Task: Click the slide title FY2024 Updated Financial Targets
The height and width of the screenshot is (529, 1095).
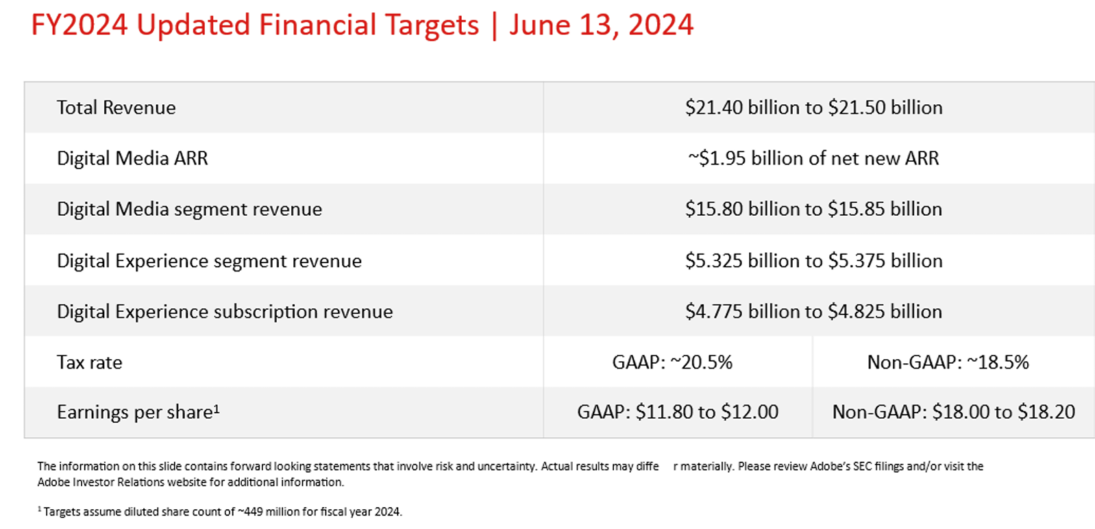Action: pos(255,25)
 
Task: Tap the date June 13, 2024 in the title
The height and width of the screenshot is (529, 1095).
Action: pos(601,25)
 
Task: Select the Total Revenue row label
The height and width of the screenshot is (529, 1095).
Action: pos(116,108)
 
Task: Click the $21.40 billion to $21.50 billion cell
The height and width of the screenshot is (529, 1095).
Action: pos(813,108)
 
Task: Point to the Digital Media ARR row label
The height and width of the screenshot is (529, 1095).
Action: pos(132,158)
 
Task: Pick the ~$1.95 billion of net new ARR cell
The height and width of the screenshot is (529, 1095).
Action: pos(813,158)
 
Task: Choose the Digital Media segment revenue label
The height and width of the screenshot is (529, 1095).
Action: pos(189,209)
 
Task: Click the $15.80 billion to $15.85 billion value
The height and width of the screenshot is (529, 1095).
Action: pos(813,209)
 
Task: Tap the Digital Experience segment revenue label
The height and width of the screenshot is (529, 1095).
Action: pos(209,260)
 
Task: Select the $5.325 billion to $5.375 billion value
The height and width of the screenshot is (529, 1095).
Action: pos(813,260)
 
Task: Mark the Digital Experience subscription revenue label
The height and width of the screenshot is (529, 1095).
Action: pos(225,311)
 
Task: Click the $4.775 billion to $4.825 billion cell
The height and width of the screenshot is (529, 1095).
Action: pos(813,311)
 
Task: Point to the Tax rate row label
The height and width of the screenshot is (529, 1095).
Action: pos(89,362)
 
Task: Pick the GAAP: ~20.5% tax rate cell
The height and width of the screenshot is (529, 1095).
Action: pos(672,362)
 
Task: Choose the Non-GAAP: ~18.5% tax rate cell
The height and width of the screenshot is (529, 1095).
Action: pos(948,362)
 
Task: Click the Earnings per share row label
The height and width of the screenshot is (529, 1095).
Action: pos(138,412)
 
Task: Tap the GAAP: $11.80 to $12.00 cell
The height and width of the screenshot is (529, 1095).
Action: pos(678,412)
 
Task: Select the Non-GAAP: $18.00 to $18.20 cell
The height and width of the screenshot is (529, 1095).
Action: pos(953,412)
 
